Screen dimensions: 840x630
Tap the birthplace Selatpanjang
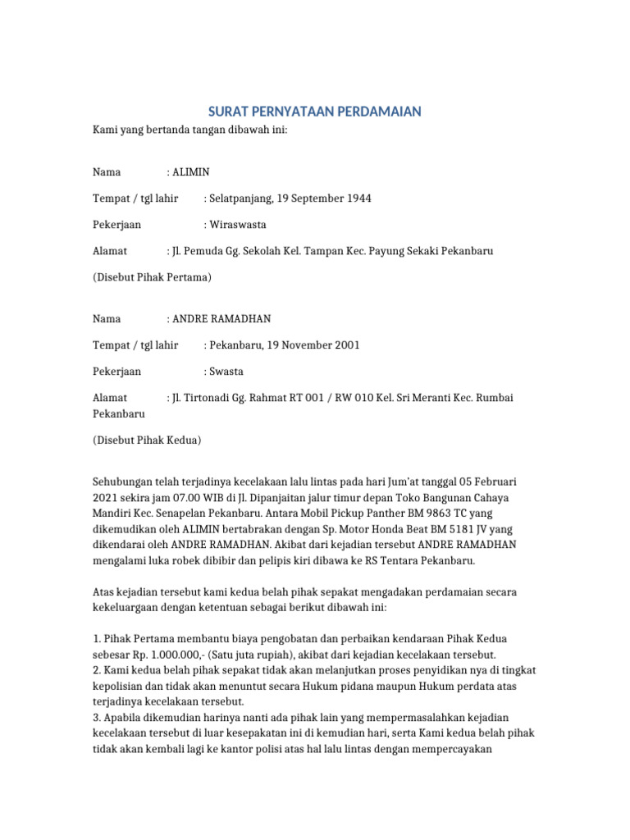(240, 199)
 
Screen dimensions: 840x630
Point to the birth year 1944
(358, 199)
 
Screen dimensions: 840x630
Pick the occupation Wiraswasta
(238, 225)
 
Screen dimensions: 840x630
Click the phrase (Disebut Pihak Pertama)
(152, 277)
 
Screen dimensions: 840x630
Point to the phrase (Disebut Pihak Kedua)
(147, 441)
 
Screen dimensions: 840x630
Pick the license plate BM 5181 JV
(443, 529)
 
